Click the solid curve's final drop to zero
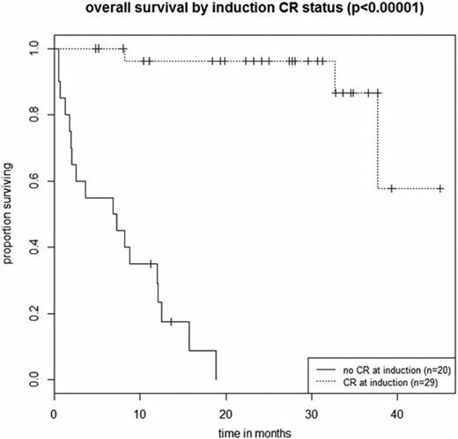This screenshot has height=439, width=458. tap(216, 365)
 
